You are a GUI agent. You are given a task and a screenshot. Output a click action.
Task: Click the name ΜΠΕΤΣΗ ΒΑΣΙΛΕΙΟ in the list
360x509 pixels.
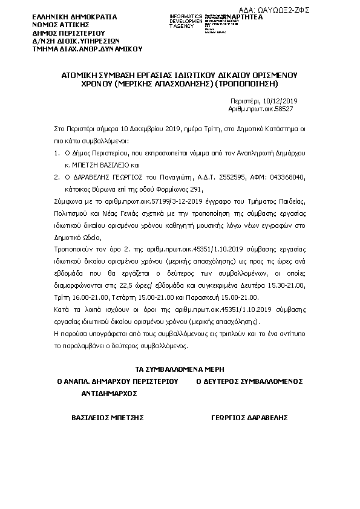coord(106,164)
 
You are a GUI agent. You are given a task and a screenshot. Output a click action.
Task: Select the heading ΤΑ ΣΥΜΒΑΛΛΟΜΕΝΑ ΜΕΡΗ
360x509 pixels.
coord(180,369)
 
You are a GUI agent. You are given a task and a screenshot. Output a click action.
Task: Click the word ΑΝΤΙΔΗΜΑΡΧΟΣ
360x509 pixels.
coord(109,392)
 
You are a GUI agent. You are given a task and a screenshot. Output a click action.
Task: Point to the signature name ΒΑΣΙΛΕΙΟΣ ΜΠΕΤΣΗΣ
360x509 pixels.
coord(107,418)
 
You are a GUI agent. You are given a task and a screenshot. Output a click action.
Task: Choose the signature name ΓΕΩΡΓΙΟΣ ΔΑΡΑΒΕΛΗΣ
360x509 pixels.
coord(249,418)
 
